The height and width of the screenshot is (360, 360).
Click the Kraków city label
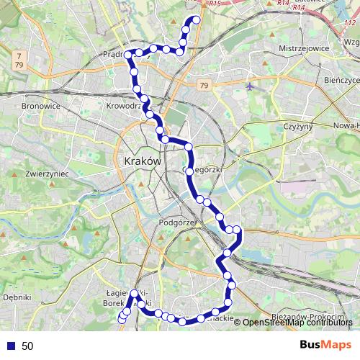142,161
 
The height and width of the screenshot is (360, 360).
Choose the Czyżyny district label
297,127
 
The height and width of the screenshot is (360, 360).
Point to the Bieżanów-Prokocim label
306,316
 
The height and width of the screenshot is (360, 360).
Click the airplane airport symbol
250,86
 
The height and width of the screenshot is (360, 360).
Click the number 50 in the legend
27,346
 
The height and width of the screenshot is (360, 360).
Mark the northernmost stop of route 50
194,19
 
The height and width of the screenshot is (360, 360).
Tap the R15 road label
213,4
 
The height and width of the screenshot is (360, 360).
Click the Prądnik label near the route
114,53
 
